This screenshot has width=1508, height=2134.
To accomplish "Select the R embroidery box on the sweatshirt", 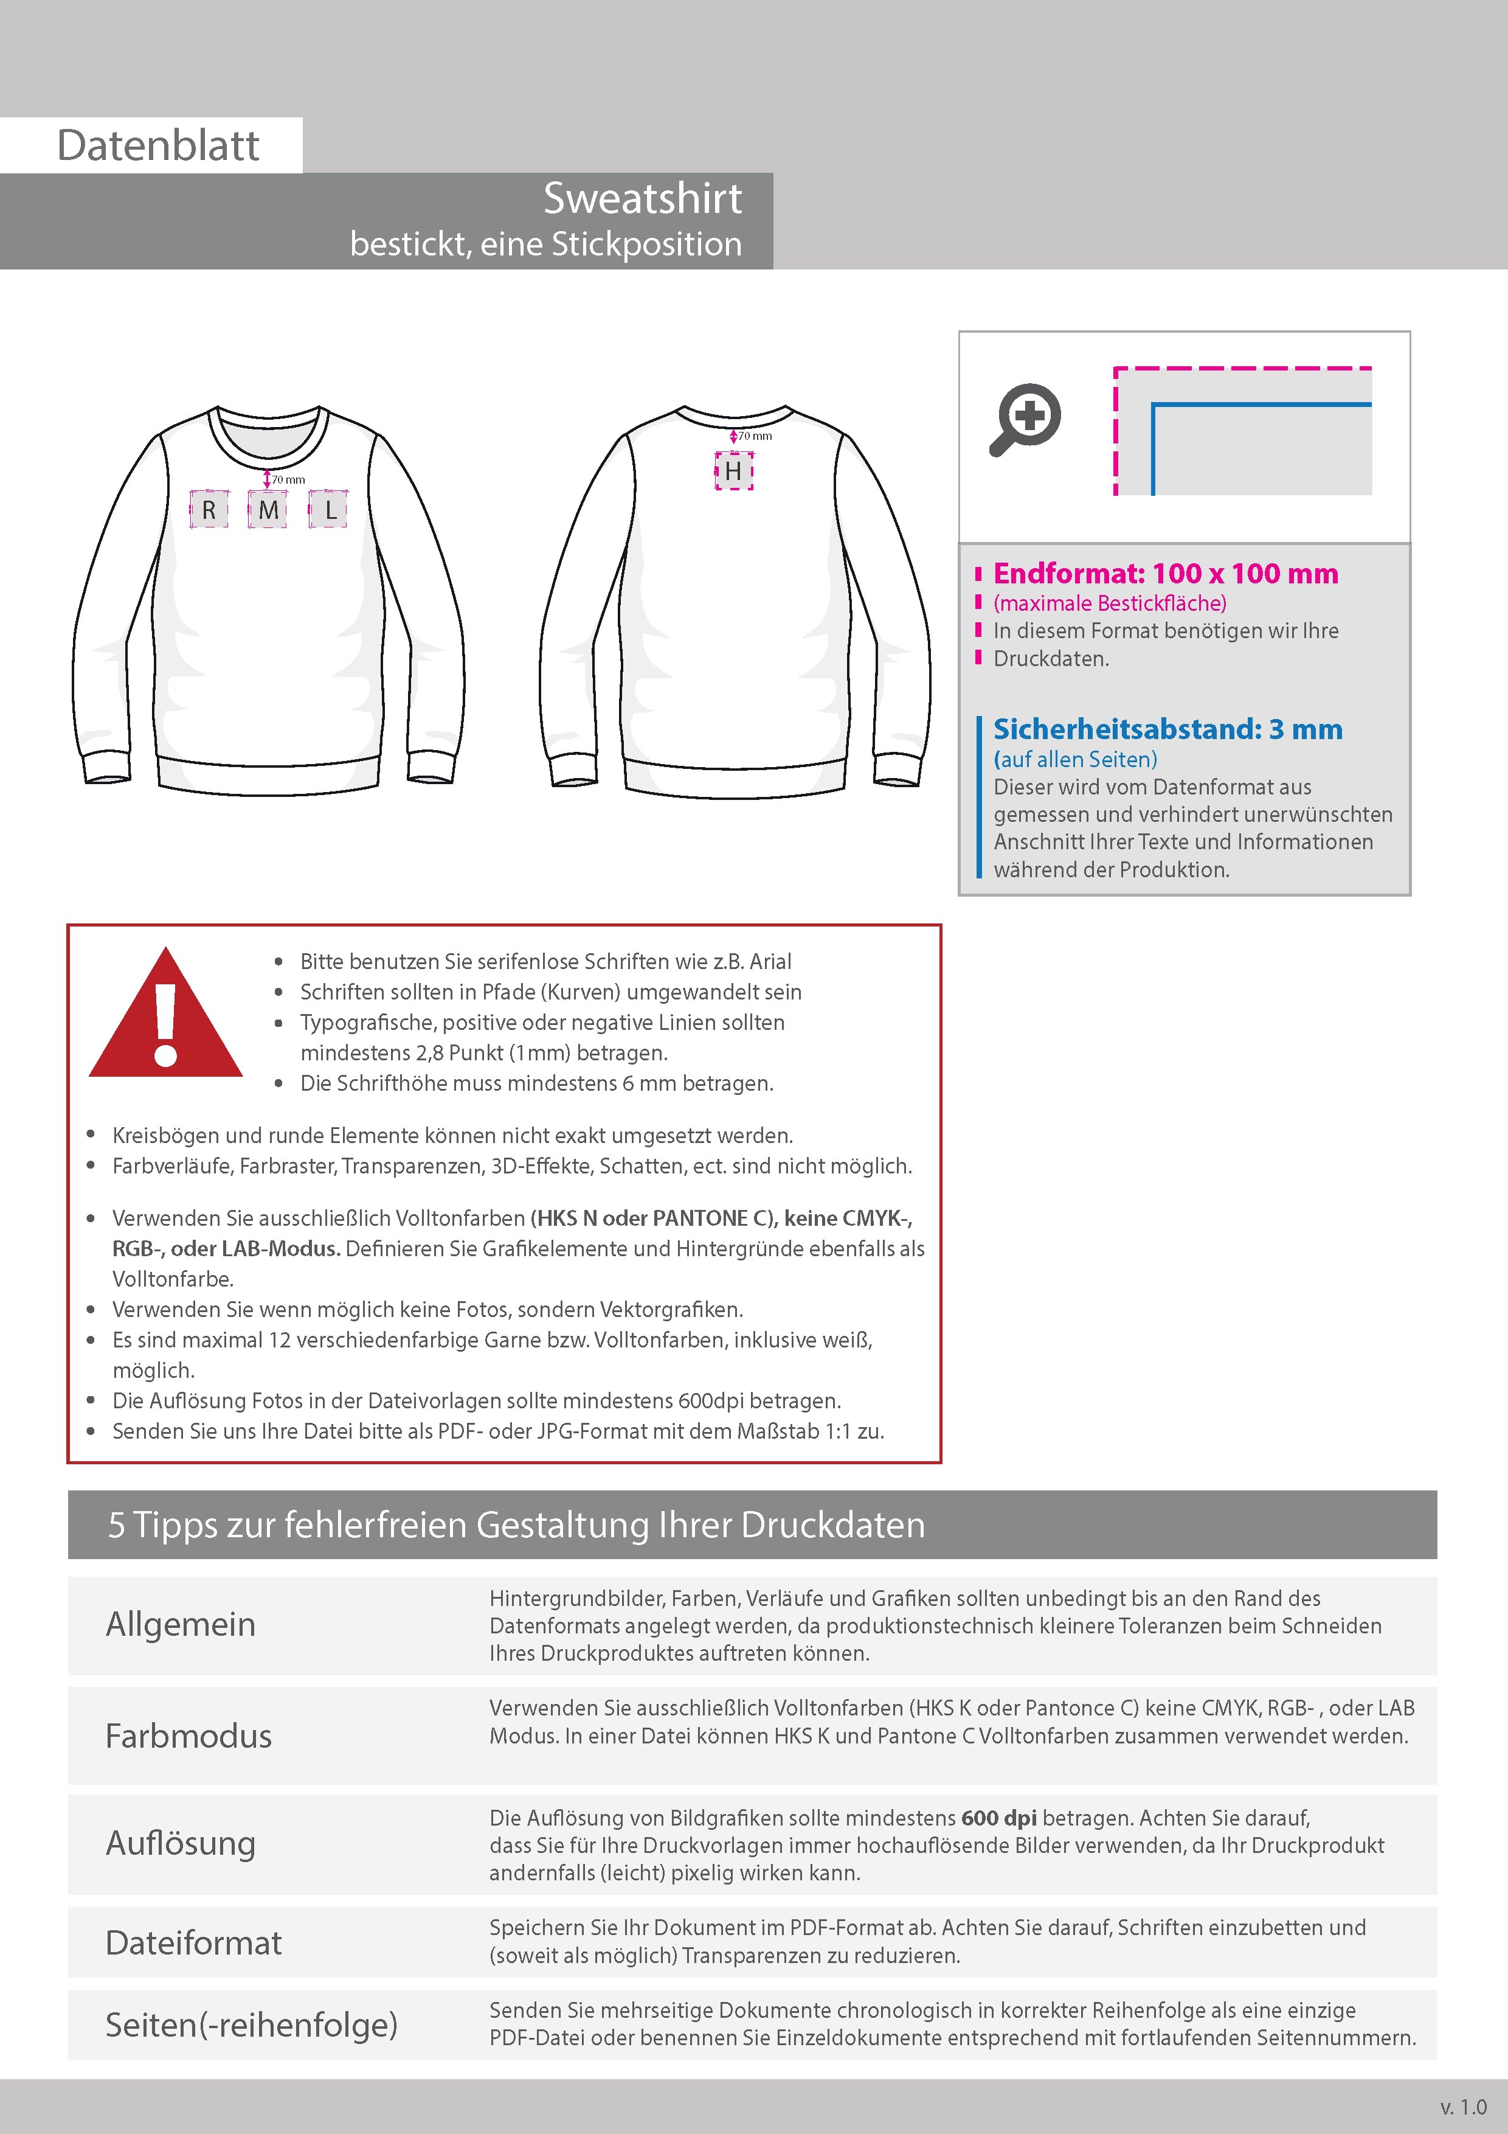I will (209, 509).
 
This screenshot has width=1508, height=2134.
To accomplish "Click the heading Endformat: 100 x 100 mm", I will (1165, 574).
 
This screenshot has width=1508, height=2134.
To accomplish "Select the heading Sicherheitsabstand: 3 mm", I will (1167, 729).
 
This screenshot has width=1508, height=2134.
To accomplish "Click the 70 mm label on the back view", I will (755, 436).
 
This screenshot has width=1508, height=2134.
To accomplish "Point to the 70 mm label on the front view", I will (289, 479).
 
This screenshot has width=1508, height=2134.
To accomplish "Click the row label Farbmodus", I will (188, 1736).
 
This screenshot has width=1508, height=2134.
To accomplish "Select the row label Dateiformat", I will (193, 1942).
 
